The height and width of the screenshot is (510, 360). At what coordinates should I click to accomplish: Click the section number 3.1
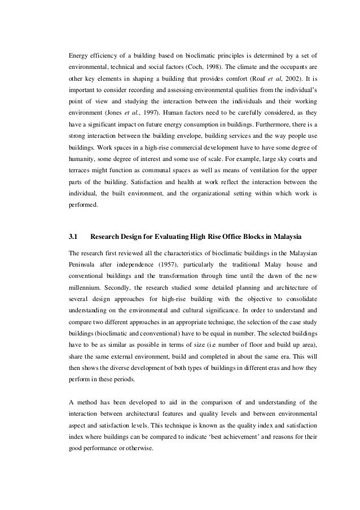[73, 235]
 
